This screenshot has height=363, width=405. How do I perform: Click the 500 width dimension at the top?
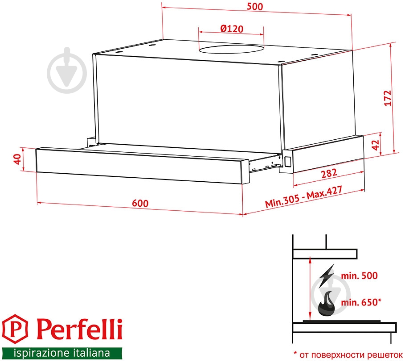(x=256, y=7)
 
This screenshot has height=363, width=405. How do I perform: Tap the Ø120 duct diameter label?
(x=231, y=29)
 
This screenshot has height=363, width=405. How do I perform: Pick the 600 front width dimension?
(x=140, y=202)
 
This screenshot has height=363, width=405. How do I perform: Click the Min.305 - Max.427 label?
(x=304, y=197)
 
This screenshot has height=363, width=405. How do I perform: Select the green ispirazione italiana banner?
(x=61, y=353)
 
